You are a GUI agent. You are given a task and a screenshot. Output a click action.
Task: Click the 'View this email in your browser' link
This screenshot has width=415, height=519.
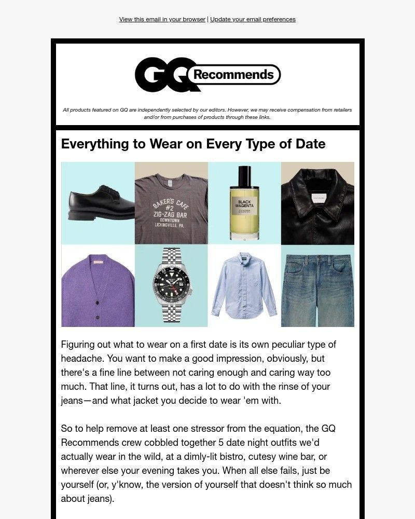pyautogui.click(x=162, y=19)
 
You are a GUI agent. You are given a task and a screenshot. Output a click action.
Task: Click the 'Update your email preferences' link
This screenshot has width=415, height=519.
pyautogui.click(x=253, y=19)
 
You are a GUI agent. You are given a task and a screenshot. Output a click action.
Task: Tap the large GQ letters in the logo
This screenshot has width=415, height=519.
pyautogui.click(x=162, y=75)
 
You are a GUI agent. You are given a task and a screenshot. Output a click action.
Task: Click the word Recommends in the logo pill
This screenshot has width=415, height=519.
pyautogui.click(x=233, y=75)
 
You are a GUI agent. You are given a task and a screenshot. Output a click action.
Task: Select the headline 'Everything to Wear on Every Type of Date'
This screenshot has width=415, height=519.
pyautogui.click(x=193, y=144)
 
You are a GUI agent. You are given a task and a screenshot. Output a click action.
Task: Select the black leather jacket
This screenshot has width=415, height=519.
pyautogui.click(x=317, y=208)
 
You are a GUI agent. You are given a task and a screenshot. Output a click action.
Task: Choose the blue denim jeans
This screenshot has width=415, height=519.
pyautogui.click(x=317, y=288)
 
